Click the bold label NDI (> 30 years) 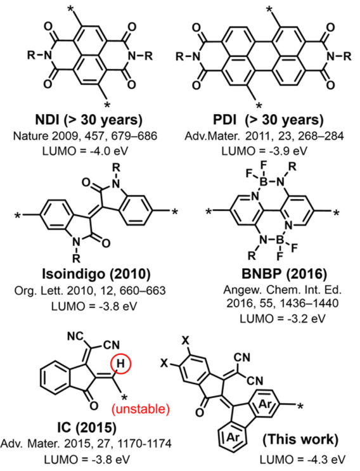[x=89, y=120]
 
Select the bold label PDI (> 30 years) [x=269, y=120]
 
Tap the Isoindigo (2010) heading [x=96, y=274]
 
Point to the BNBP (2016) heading [x=284, y=274]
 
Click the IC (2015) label [x=86, y=428]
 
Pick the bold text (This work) [x=300, y=439]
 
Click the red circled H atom [x=120, y=364]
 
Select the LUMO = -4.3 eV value [x=303, y=460]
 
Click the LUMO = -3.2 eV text [x=282, y=318]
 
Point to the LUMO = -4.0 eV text [x=86, y=151]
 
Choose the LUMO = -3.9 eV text [x=264, y=151]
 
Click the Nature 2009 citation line [x=85, y=136]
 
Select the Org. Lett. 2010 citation [x=90, y=290]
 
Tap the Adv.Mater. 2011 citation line [x=264, y=136]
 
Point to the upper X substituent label [x=186, y=341]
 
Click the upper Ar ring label [x=265, y=404]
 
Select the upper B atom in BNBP [x=262, y=181]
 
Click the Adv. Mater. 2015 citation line [x=86, y=444]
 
